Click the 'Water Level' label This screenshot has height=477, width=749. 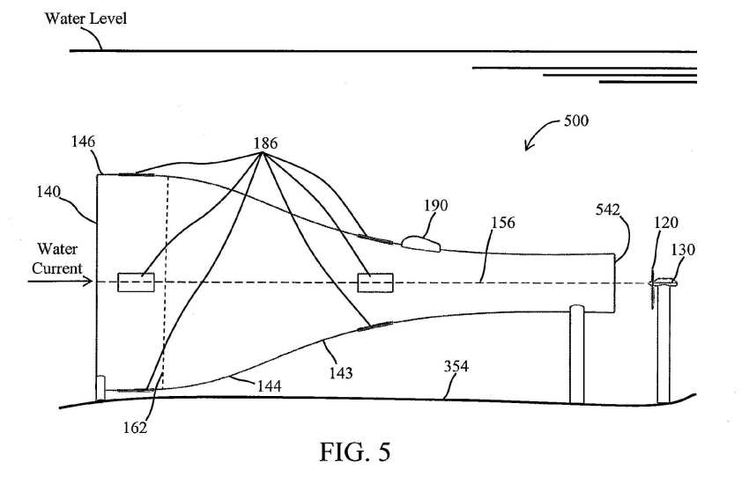86,18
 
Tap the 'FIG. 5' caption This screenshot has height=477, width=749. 355,451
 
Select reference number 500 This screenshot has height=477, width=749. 576,121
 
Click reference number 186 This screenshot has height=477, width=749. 265,143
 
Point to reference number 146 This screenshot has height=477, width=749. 83,142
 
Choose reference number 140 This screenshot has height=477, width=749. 48,192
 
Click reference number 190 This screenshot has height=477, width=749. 435,206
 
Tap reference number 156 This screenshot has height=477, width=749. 503,223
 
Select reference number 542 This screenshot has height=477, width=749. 608,209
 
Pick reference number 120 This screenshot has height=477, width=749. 666,223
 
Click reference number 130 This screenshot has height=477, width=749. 683,249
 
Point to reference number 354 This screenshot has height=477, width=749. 456,366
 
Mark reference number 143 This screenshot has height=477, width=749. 341,372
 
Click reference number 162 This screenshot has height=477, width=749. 135,428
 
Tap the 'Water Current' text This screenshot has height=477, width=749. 57,259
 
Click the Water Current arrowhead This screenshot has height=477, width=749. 89,282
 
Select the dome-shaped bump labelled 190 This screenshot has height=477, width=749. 420,244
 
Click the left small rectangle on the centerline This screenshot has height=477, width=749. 136,283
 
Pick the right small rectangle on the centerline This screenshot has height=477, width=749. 375,283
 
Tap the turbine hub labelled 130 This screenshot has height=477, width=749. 664,283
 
